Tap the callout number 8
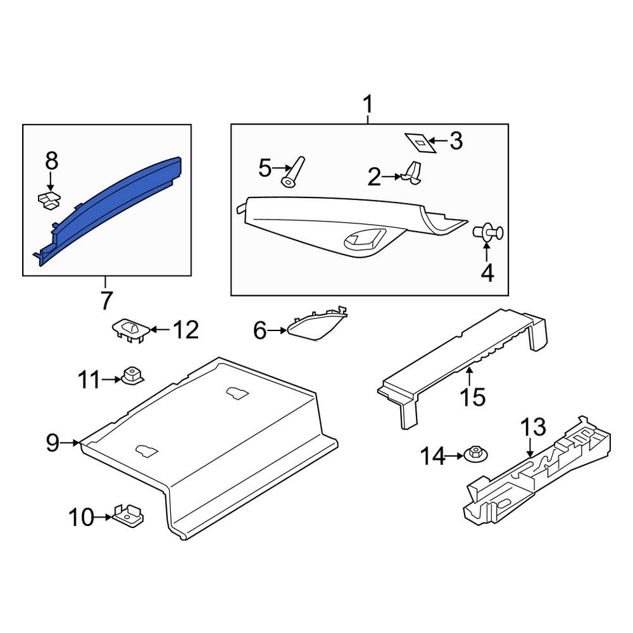(x=51, y=161)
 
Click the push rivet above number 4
(x=487, y=232)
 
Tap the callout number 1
(x=368, y=104)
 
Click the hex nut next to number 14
(x=476, y=454)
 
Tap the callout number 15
(x=473, y=397)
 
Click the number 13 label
(x=533, y=427)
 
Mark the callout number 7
(x=106, y=300)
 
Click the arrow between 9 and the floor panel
(x=71, y=443)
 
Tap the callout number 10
(x=81, y=517)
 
